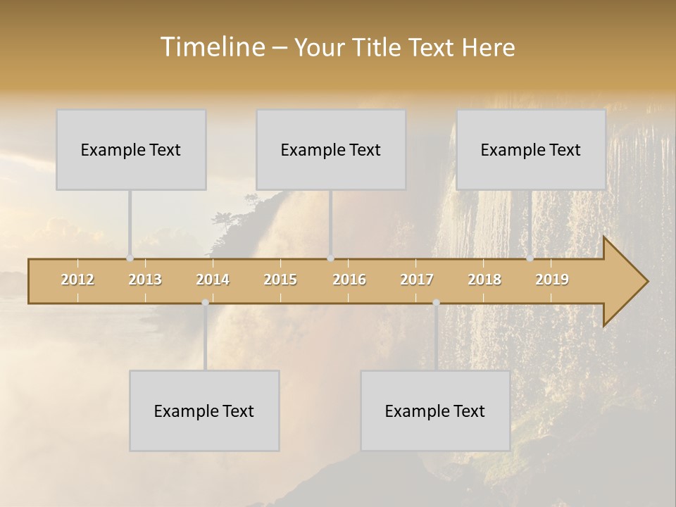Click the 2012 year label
click(x=77, y=280)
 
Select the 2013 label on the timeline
click(x=145, y=280)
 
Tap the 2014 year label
click(x=213, y=280)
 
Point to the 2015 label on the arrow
click(x=280, y=280)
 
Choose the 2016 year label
click(x=349, y=280)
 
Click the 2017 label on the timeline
click(x=417, y=280)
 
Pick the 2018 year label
click(x=484, y=280)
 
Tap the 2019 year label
click(x=552, y=280)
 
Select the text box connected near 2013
click(x=131, y=149)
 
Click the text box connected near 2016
click(x=331, y=149)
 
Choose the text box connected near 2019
click(x=531, y=149)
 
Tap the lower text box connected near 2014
click(x=204, y=411)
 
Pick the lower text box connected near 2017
click(x=435, y=411)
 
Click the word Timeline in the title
click(x=211, y=47)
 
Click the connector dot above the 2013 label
click(x=130, y=258)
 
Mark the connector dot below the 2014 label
click(x=205, y=303)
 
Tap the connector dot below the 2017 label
click(x=436, y=303)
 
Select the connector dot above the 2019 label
click(x=530, y=258)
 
